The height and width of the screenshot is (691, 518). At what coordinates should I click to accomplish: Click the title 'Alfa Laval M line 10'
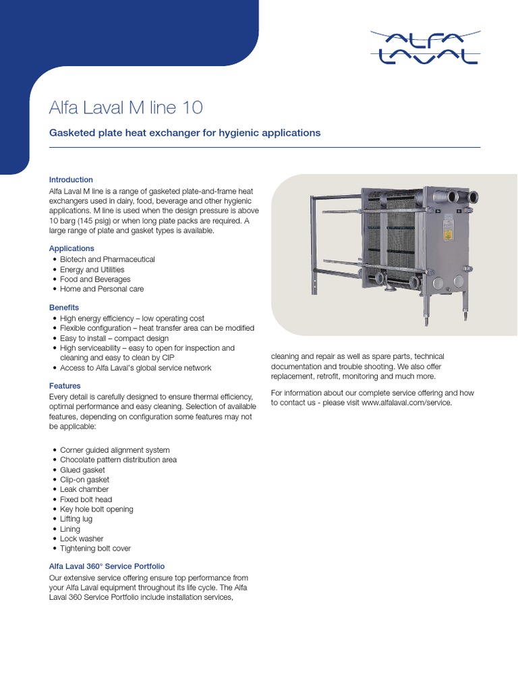(126, 108)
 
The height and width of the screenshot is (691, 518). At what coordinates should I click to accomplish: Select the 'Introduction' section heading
(71, 179)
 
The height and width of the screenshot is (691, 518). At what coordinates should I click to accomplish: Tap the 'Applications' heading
(71, 248)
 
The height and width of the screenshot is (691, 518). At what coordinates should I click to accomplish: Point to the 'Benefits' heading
(64, 308)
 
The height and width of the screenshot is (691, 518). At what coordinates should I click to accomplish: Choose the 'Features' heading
(65, 386)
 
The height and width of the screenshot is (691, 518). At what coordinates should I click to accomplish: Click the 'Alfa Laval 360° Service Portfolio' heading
(107, 566)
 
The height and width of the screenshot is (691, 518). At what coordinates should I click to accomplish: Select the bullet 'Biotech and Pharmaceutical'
(107, 259)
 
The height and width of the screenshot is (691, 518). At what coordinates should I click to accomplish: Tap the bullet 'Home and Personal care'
(102, 289)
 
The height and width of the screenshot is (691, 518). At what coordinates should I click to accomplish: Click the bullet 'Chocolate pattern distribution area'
(118, 460)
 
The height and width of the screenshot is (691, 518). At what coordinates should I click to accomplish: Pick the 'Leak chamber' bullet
(84, 489)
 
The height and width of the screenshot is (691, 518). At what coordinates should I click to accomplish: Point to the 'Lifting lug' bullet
(76, 519)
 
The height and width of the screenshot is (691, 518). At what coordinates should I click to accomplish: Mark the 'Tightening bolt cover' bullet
(95, 549)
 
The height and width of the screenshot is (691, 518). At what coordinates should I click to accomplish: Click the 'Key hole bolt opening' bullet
(96, 509)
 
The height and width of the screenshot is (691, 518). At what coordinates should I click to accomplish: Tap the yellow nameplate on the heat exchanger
(446, 233)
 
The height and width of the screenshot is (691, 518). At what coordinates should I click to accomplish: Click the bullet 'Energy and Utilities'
(92, 269)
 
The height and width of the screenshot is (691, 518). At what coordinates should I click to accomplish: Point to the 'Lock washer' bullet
(82, 538)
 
